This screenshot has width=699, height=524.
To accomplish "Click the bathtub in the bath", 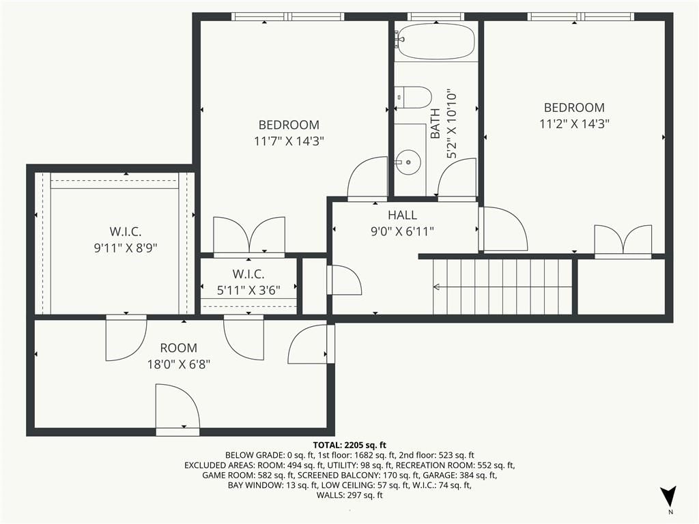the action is pos(436,41).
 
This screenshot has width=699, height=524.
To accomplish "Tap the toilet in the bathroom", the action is pos(413,98).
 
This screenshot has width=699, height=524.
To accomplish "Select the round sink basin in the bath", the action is pos(408,162).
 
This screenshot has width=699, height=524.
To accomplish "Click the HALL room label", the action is pos(402,215).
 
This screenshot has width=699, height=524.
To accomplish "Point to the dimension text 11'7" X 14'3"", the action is pos(289,141).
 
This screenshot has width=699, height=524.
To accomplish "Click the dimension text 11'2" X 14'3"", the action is pos(574,123).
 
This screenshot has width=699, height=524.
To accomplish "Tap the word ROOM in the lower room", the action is pos(178,348).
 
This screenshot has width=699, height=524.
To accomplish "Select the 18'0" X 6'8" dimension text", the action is pos(178,365).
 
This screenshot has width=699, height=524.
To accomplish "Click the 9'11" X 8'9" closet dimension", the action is pos(126,248).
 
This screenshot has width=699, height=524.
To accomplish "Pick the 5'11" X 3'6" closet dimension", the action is pos(248,291).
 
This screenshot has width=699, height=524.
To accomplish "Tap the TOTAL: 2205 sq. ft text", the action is pos(349,445).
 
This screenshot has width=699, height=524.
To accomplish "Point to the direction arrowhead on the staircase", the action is pos(437,287).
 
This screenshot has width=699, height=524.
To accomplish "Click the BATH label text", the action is pos(435,123).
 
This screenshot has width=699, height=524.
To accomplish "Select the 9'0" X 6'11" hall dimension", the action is pos(402,232).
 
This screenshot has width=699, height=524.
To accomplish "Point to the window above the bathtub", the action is pos(436,16).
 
